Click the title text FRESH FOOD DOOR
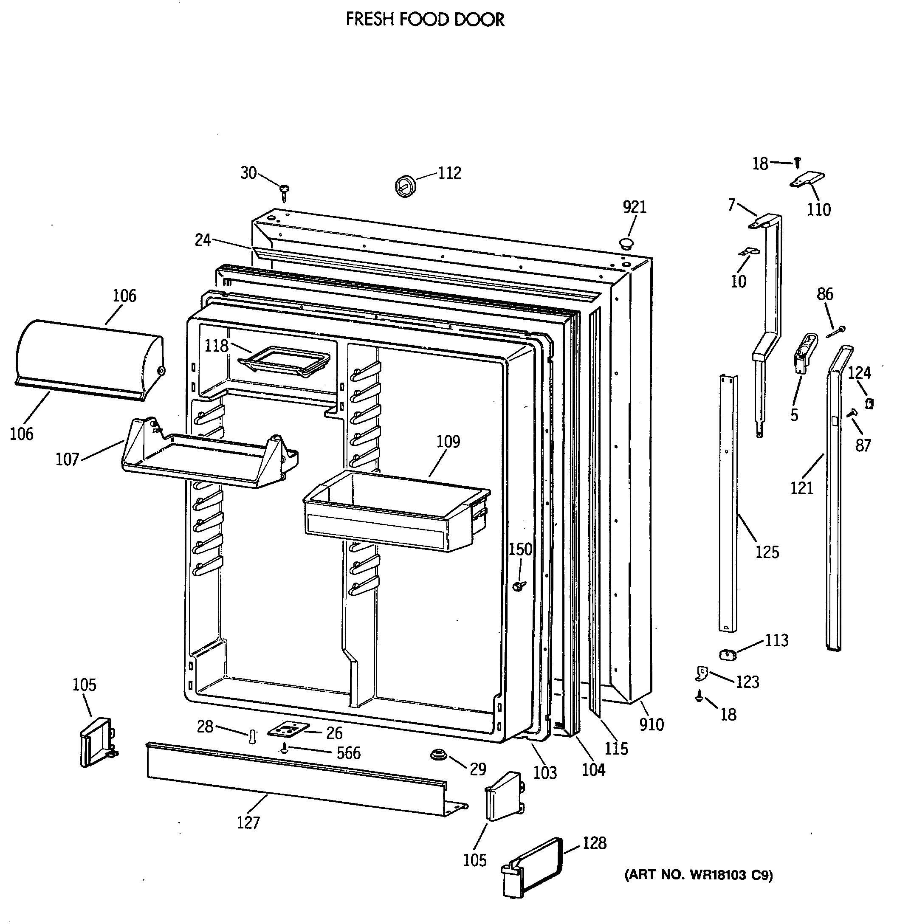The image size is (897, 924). point(425,20)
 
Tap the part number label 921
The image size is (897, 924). point(635,207)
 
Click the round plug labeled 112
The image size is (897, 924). point(405,185)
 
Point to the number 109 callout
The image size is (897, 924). point(448,442)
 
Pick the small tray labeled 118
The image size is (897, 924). point(285,362)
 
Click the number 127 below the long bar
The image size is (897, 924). point(248,823)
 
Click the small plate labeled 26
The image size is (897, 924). point(288,729)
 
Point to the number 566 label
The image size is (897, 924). point(349,753)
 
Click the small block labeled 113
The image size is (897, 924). point(727,654)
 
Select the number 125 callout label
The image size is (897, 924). point(767,552)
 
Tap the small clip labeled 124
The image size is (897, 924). point(869,403)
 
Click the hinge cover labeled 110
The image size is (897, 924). point(807,180)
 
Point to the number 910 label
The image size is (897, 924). point(651,724)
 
